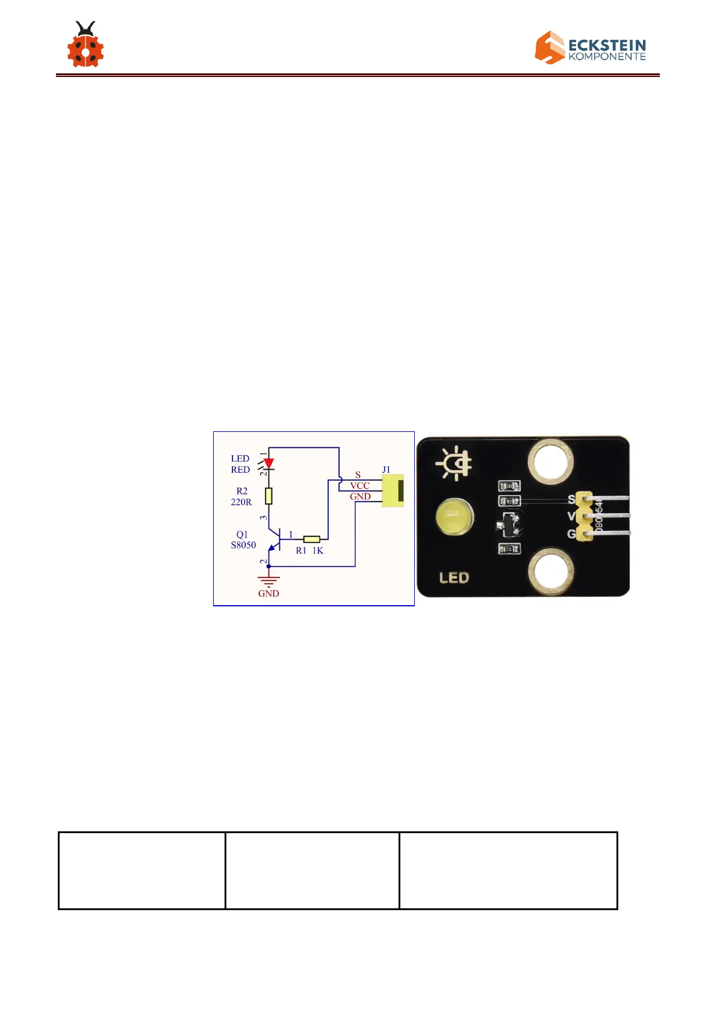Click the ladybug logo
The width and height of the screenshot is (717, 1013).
(x=85, y=46)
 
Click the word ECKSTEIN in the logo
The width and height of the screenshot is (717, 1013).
(x=607, y=46)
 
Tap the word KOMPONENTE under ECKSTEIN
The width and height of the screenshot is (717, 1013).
(x=607, y=57)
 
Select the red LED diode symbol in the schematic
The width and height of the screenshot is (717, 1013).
(x=268, y=464)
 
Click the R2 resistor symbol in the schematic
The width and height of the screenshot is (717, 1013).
(x=268, y=496)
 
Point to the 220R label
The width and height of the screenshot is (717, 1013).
(x=241, y=502)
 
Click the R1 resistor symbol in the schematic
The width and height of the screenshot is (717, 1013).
(x=311, y=539)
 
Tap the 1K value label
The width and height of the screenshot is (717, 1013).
(x=318, y=550)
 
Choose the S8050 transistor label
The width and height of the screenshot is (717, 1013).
(x=243, y=545)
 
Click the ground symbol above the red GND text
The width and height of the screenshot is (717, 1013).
(x=268, y=580)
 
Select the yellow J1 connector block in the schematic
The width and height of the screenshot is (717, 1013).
(x=393, y=490)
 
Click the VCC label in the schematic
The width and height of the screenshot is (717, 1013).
(x=359, y=485)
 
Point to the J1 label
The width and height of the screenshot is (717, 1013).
(x=386, y=469)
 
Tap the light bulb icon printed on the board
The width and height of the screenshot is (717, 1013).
(x=455, y=464)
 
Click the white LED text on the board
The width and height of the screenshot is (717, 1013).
(x=454, y=578)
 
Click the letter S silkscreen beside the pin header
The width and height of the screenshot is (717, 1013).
(x=571, y=499)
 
